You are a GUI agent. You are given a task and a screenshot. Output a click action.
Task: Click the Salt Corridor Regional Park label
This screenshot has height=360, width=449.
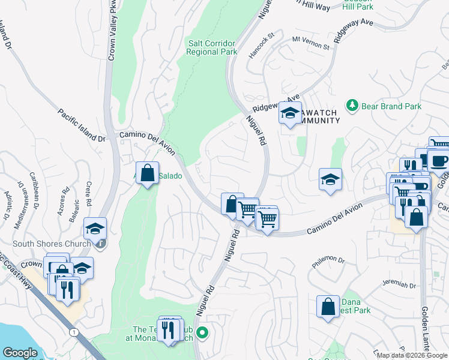tap(212, 47)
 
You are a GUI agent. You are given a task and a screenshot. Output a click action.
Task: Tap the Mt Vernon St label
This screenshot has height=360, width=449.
tap(311, 43)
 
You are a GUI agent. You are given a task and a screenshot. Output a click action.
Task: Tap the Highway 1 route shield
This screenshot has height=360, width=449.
tap(73, 332)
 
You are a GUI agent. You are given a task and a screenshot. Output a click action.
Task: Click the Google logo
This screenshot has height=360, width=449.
tap(20, 352)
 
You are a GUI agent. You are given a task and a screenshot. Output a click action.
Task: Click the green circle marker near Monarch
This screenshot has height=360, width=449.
tap(203, 332)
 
